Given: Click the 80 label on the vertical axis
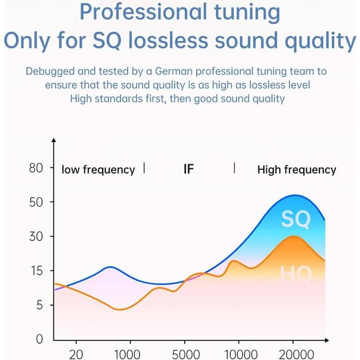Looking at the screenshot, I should pos(36,168).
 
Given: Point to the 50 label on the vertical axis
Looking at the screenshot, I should pos(36,202).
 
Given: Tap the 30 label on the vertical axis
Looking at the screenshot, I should pos(36,236).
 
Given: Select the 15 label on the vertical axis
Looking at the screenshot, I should pos(36,271).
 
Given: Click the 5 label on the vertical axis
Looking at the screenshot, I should pos(40,305).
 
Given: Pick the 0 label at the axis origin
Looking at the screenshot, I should pos(40,339).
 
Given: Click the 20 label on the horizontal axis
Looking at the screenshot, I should pos(76,355).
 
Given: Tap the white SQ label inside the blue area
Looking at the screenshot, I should pos(296,219).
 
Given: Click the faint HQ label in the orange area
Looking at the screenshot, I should pos(296,274).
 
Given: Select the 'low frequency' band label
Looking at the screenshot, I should pos(98,170).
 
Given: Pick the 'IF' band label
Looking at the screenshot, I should pos(188,169).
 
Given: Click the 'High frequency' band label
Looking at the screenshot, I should pos(297,170).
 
